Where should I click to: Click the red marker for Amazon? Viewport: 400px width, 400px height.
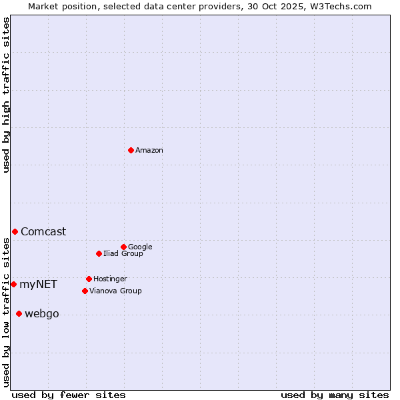131,150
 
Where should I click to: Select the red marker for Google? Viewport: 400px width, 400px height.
123,247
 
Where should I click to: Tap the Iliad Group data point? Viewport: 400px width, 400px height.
99,253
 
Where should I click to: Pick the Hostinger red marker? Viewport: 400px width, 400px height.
89,279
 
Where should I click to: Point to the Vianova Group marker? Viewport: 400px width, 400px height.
85,291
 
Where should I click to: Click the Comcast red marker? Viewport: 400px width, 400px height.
15,231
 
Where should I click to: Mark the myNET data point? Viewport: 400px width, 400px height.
13,284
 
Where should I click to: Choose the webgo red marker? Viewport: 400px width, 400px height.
19,313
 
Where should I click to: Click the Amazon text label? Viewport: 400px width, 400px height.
149,151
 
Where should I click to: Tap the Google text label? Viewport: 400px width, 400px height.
140,247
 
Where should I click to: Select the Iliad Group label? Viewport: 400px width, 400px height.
123,253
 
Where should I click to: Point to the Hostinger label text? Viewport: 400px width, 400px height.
110,279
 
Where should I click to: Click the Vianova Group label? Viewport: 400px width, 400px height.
115,291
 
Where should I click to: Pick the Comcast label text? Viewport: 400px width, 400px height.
43,232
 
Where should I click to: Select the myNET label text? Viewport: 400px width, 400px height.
38,285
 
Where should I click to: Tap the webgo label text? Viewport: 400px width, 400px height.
41,314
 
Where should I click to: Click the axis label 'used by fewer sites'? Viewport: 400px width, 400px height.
69,395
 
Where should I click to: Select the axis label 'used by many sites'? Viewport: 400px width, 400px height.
335,395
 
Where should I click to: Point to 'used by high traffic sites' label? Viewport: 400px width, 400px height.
6,95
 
